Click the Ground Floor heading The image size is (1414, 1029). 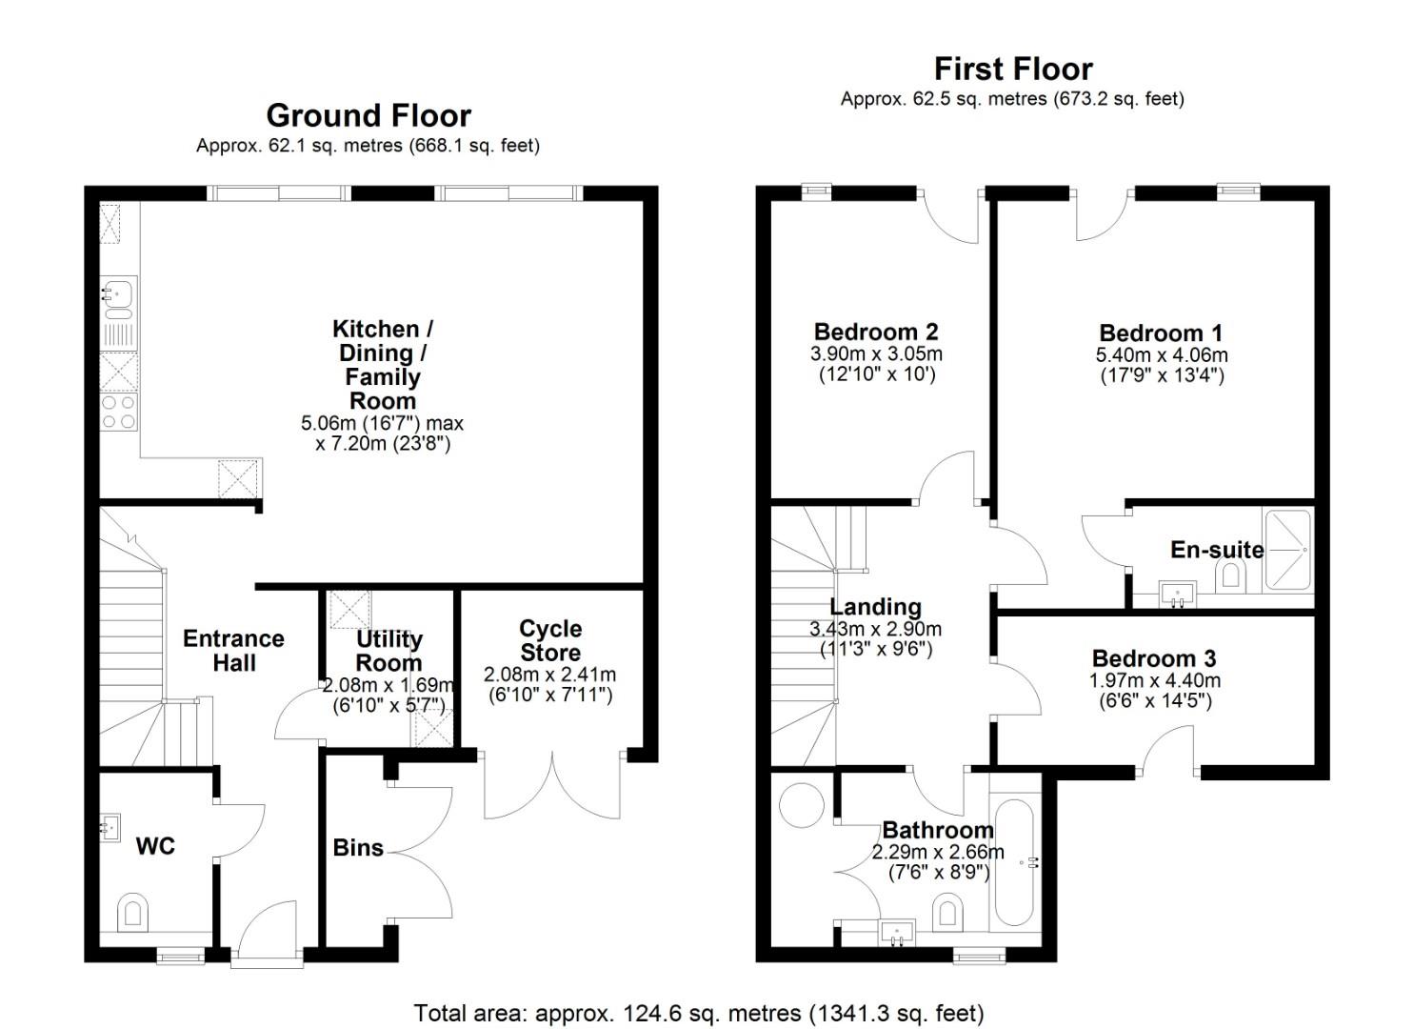pos(368,116)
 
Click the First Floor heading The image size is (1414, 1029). pos(1013,70)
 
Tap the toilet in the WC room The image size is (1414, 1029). pos(132,912)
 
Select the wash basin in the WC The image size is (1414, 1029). pos(110,828)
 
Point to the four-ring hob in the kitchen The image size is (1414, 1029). pos(119,412)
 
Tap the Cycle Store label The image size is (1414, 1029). pos(550,640)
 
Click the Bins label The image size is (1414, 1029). pos(358,848)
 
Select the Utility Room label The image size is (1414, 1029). pos(388,652)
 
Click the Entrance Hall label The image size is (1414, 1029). pos(233,651)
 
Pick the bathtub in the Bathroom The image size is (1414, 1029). pos(1014,861)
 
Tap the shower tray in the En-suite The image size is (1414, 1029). pos(1287,550)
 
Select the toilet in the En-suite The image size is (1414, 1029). pos(1230,575)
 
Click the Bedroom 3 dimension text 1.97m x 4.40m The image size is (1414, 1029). pos(1155,680)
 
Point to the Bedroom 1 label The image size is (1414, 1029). pos(1161,333)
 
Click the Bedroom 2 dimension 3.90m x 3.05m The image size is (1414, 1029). pos(876,353)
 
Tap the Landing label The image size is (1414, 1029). pos(876,607)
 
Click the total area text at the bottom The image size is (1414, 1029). pos(699,1014)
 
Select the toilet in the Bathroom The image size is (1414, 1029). pos(947,912)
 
